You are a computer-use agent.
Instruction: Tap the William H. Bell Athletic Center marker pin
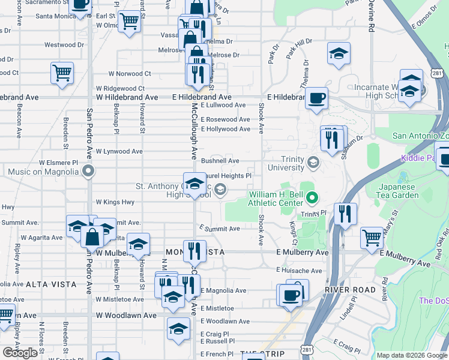coord(312,197)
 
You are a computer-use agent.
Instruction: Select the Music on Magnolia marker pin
coord(89,172)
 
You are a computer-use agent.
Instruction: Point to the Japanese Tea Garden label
coord(398,191)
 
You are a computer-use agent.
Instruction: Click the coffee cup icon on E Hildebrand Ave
coord(316,97)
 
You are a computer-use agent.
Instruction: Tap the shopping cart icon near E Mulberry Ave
coord(372,237)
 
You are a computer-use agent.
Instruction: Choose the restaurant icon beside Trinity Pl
coord(345,213)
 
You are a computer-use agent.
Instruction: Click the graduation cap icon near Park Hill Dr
coord(339,53)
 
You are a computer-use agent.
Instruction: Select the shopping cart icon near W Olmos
coord(129,22)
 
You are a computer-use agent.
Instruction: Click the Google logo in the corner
coord(20,353)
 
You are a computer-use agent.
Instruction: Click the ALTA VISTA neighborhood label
coord(51,284)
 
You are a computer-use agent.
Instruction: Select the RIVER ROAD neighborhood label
coord(345,290)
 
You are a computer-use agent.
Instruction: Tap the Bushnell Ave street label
coord(220,161)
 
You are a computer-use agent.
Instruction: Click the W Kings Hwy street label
coord(115,202)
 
